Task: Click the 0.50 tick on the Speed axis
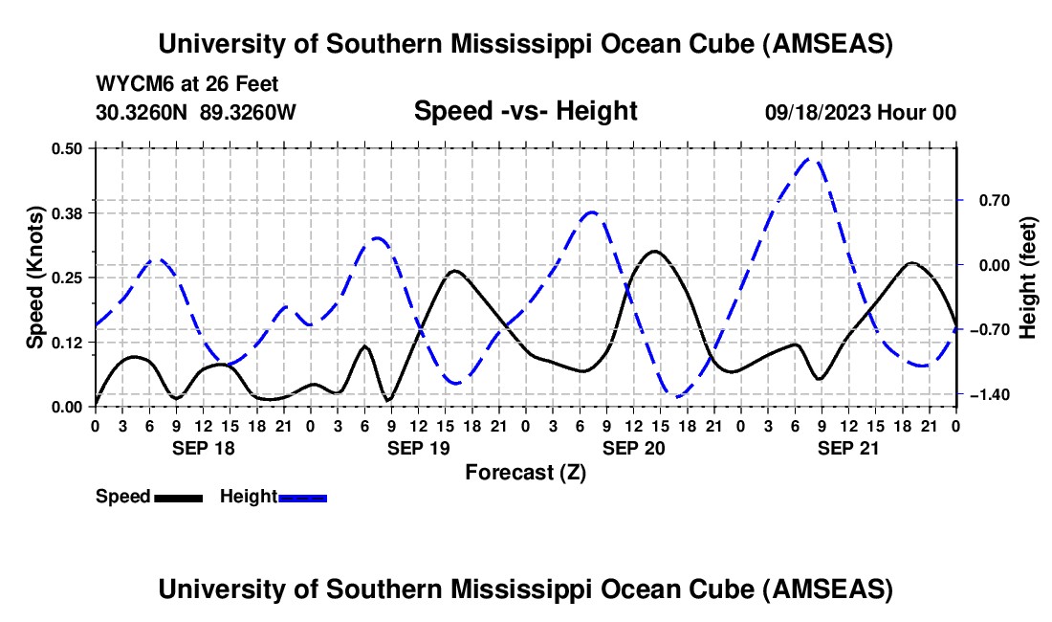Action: tap(68, 148)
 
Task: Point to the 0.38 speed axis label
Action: tap(68, 212)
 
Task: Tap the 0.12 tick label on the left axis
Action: tap(68, 343)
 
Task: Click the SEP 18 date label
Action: tap(203, 448)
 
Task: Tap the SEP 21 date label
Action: tap(848, 448)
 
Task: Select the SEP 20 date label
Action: tap(633, 448)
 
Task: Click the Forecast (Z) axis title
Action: tap(525, 472)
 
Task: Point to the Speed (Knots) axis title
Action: tap(35, 278)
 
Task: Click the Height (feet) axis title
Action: tap(1028, 278)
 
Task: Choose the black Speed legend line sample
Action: tap(178, 498)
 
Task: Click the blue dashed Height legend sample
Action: tap(303, 498)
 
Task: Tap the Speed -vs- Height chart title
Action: tap(525, 111)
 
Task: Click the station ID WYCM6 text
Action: tap(129, 84)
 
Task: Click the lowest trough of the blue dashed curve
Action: tap(677, 396)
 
